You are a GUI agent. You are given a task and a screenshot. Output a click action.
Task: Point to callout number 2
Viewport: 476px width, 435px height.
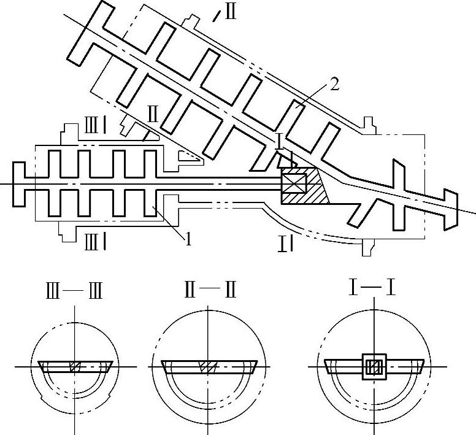(334, 85)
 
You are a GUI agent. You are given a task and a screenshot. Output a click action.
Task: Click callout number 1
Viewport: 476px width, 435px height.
(188, 237)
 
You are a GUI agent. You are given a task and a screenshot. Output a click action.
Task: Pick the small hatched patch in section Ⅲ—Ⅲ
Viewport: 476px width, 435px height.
(75, 366)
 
